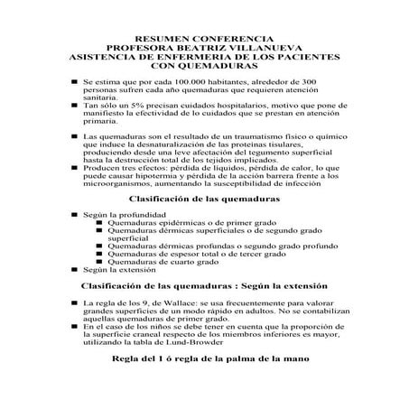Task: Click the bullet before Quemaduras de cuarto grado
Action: (99, 262)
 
